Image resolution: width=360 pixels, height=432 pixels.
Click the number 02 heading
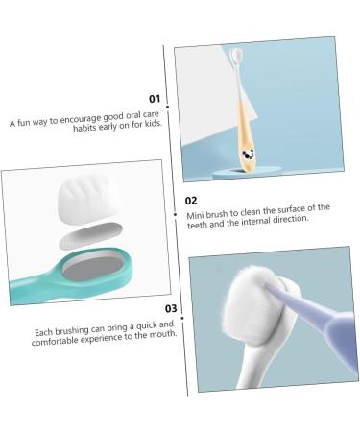[191, 201]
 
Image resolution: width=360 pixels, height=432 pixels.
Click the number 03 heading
[170, 308]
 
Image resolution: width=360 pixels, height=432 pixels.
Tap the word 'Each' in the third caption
[44, 333]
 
